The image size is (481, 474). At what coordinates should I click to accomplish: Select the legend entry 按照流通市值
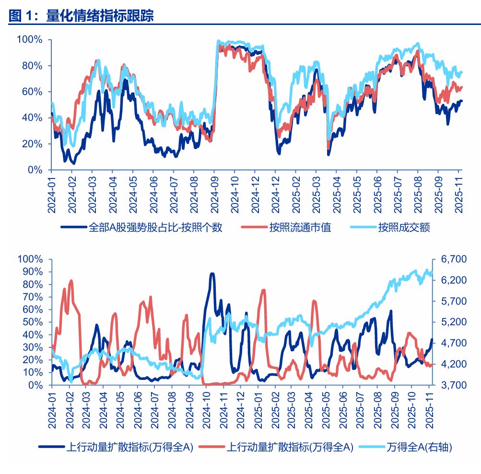pyautogui.click(x=300, y=227)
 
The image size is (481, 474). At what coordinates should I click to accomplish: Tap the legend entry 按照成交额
pyautogui.click(x=403, y=227)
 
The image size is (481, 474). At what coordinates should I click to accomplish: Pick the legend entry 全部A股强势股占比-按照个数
pyautogui.click(x=155, y=227)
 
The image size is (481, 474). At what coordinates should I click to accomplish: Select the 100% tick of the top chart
pyautogui.click(x=30, y=39)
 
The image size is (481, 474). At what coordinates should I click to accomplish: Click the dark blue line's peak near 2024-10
pyautogui.click(x=212, y=274)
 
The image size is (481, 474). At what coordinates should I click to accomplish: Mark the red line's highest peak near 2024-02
pyautogui.click(x=71, y=281)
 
